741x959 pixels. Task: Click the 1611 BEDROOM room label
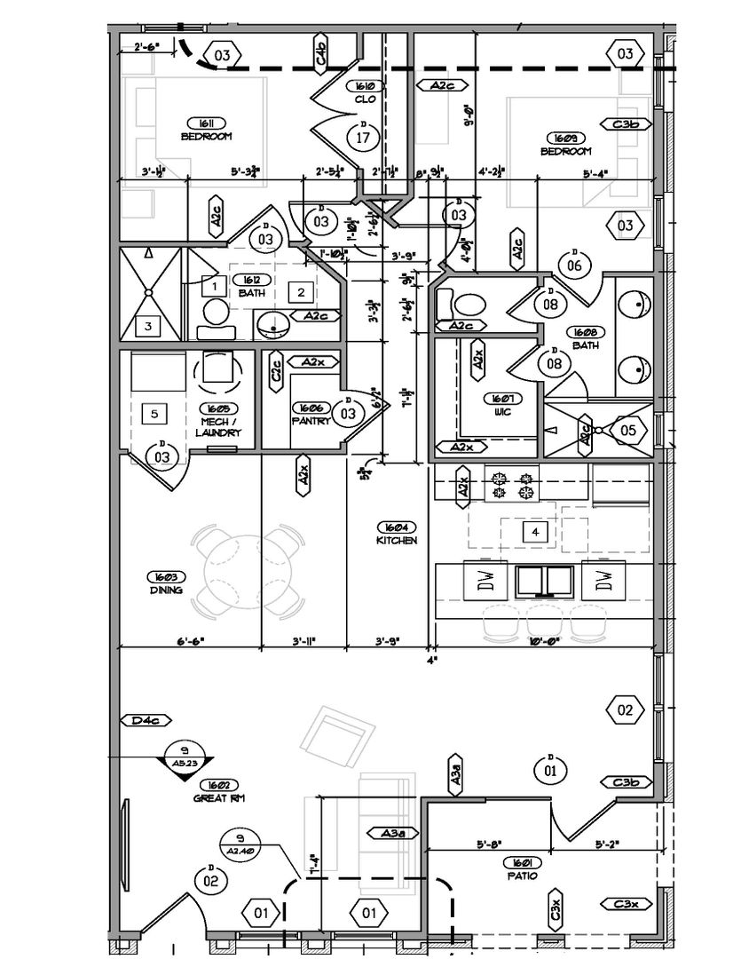point(206,129)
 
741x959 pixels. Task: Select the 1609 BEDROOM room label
point(565,144)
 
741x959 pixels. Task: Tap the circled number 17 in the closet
point(363,138)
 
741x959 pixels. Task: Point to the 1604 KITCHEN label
point(396,533)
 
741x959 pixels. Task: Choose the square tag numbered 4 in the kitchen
point(534,532)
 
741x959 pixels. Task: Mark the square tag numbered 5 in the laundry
point(154,413)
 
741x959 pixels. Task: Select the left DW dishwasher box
point(485,582)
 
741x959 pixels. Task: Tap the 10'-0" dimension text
point(544,640)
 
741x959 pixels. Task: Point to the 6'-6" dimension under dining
point(190,640)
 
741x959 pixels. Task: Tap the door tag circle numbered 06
point(574,263)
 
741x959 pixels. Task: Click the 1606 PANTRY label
point(311,414)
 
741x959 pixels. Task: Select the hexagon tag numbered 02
point(625,709)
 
